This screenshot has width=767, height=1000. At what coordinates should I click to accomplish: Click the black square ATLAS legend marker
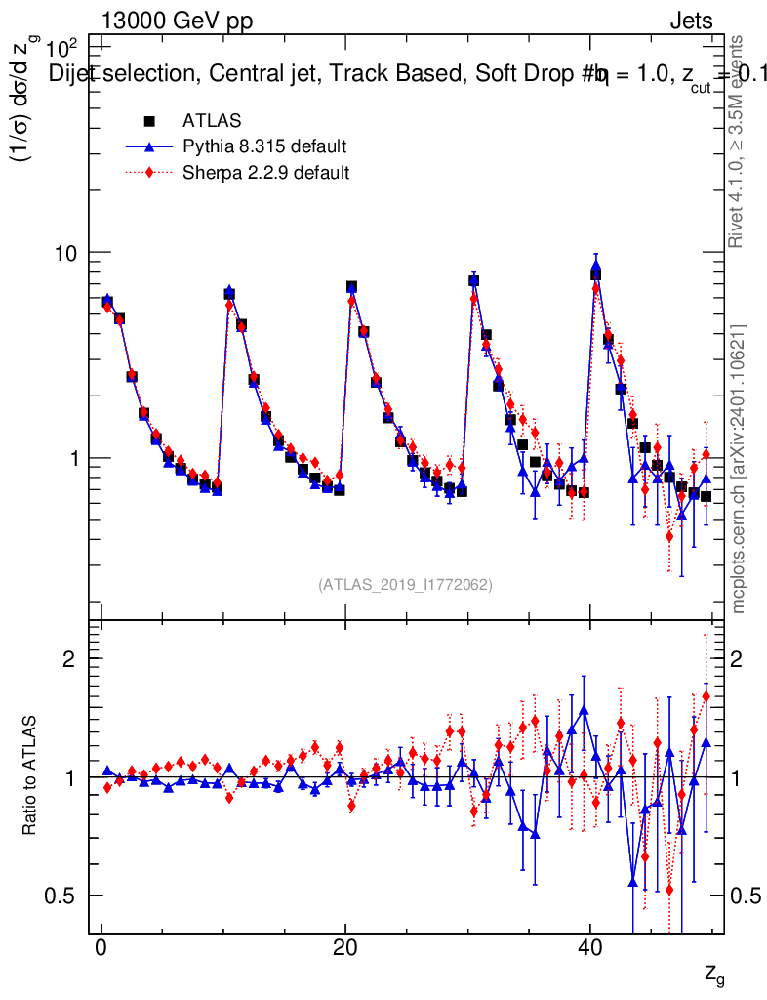[150, 121]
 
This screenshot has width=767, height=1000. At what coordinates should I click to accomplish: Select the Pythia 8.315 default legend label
[264, 147]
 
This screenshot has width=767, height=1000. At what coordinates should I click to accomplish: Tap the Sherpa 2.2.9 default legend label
[266, 173]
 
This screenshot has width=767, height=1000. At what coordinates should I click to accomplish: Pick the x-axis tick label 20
[344, 949]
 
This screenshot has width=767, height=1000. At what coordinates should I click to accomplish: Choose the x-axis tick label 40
[588, 949]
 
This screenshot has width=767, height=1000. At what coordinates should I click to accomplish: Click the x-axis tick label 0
[101, 949]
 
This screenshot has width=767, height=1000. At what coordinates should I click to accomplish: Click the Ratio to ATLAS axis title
[31, 776]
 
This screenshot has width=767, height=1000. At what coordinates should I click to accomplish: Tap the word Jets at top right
[691, 21]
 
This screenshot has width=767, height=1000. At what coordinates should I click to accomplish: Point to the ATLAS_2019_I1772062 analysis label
[405, 585]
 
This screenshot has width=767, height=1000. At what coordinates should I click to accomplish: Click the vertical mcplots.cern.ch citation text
[740, 469]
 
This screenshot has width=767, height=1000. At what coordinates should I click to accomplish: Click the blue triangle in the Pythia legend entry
[150, 147]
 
